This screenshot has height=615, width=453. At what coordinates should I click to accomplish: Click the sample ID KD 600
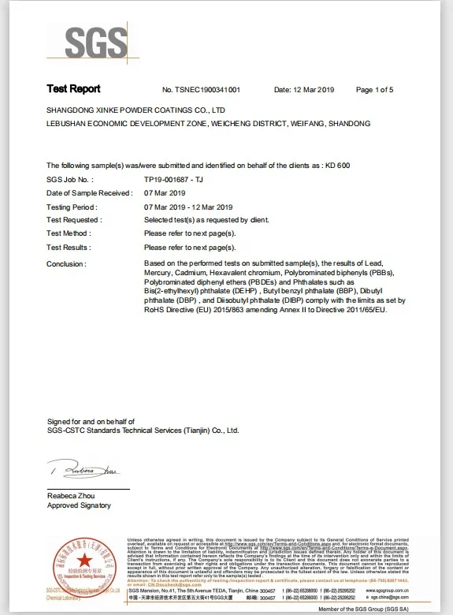(337, 165)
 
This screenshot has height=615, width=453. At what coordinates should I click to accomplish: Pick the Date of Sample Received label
(88, 192)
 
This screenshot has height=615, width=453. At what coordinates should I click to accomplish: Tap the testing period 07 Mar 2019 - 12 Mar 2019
(195, 207)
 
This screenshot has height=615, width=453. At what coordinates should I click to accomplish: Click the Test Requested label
(72, 220)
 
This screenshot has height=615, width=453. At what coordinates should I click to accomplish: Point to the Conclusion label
(66, 263)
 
